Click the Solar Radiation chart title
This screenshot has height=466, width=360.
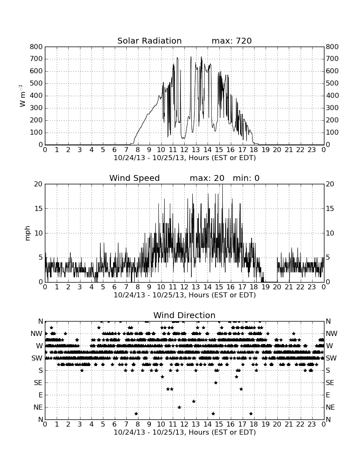point(150,41)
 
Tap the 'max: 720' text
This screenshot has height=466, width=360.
point(232,41)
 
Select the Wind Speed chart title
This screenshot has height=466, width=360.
point(135,178)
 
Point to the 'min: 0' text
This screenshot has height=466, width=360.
point(246,178)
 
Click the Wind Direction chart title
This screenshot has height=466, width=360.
point(185,315)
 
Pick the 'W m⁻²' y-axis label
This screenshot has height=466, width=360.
point(22,96)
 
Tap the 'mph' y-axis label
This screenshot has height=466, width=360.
point(28,233)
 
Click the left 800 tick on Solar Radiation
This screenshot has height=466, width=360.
point(36,47)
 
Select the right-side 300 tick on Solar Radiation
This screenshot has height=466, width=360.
point(332,108)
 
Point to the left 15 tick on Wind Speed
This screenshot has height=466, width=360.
point(39,208)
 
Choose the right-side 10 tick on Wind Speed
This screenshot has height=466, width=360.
point(330,233)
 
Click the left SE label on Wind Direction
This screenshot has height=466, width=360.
point(38,383)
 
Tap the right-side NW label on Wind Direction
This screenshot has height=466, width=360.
point(332,334)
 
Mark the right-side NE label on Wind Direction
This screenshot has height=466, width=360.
point(330,408)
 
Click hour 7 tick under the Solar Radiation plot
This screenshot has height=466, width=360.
point(126,150)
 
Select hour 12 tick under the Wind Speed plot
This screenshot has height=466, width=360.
point(184,287)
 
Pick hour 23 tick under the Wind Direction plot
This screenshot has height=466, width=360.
point(312,424)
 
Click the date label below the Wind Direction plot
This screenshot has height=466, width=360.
point(185,432)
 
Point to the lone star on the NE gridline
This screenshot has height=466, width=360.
point(180,408)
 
